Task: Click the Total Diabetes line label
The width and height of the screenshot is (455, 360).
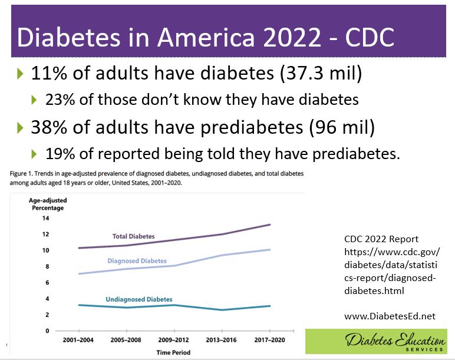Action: [133, 236]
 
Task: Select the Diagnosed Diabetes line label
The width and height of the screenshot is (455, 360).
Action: [137, 260]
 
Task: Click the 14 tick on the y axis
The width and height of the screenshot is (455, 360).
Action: [45, 218]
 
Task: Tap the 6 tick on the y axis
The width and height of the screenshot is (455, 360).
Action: [47, 282]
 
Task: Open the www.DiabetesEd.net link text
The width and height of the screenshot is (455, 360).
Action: [390, 316]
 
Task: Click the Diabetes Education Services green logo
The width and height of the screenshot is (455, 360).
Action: [379, 342]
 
